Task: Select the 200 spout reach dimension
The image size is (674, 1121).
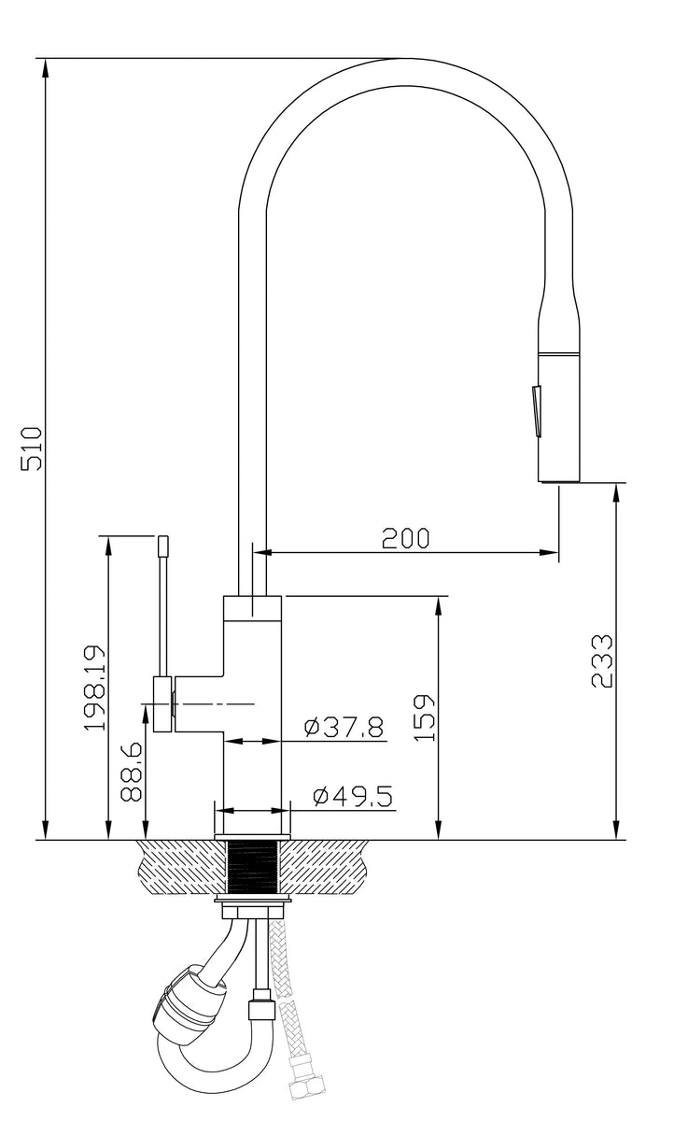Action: (404, 538)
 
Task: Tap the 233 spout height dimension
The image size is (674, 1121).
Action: (602, 660)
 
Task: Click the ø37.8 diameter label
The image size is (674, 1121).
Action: (344, 726)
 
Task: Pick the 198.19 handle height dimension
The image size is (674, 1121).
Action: (94, 688)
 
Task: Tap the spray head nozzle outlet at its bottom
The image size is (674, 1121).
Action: (558, 480)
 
